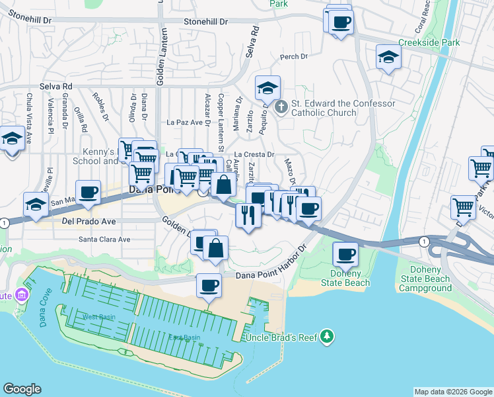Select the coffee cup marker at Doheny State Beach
(345, 254)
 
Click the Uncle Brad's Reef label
(281, 337)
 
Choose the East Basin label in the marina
(184, 337)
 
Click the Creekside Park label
(442, 42)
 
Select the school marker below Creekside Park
(388, 58)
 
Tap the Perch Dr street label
(294, 57)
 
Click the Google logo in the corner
(22, 389)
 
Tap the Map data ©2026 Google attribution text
(452, 392)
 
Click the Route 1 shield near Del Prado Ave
(5, 222)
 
